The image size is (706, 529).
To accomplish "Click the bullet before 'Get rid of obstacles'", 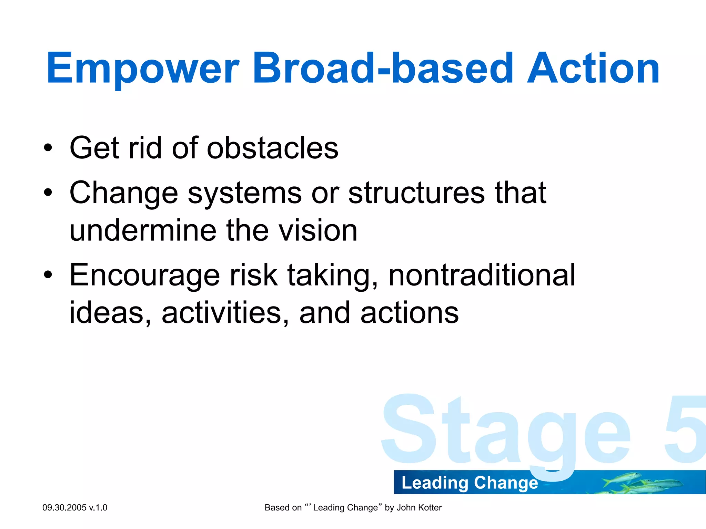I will pyautogui.click(x=48, y=148).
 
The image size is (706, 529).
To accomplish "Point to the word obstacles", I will pyautogui.click(x=272, y=148).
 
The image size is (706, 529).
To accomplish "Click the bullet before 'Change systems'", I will pyautogui.click(x=48, y=193).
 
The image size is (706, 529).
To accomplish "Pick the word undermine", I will pyautogui.click(x=142, y=230).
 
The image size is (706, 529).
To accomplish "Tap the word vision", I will pyautogui.click(x=318, y=230).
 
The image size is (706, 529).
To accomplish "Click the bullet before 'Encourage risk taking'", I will pyautogui.click(x=48, y=275).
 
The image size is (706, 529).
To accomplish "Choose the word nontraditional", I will pyautogui.click(x=482, y=275).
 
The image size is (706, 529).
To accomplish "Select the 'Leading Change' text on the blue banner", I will pyautogui.click(x=470, y=483).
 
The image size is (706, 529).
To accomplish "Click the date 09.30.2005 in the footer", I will pyautogui.click(x=64, y=508).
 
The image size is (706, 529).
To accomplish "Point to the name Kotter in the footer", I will pyautogui.click(x=429, y=508).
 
